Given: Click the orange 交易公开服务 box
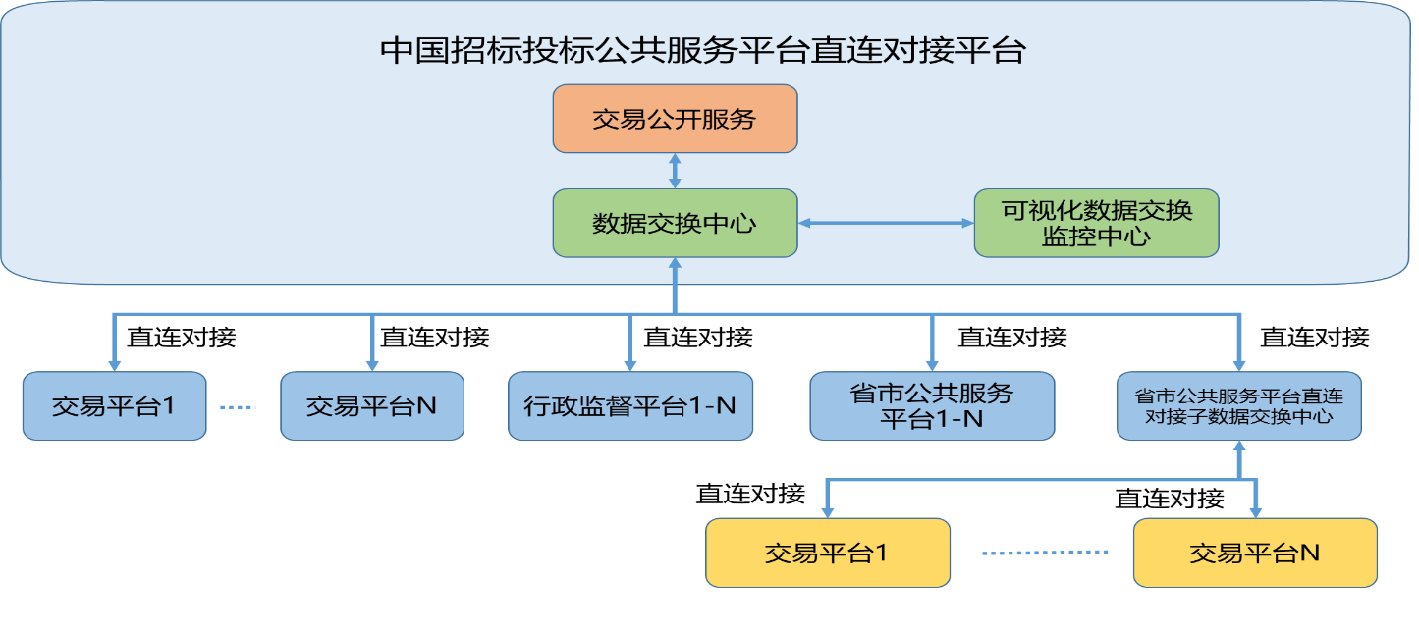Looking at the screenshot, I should point(675,119).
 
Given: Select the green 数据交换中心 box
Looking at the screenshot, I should point(675,223).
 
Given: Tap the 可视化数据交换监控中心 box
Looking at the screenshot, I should point(1096,223).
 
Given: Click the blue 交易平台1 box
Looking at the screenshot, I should point(114,405).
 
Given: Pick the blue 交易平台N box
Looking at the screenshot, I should point(371,405).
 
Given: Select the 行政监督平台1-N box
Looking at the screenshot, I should point(629,405).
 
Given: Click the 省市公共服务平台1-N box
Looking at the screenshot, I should point(931,405).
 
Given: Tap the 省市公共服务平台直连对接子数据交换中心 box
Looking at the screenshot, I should point(1238,405).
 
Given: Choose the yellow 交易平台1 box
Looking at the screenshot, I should point(827,553).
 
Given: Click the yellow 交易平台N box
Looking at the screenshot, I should point(1254,553).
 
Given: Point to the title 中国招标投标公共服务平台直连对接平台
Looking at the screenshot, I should point(702,51).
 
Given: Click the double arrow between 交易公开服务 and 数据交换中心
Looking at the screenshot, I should point(675,171).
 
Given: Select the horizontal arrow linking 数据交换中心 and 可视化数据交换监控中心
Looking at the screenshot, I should point(885,223).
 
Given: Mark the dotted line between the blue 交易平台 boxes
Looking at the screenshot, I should point(237,406).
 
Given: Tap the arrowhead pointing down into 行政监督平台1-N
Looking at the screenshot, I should point(629,362).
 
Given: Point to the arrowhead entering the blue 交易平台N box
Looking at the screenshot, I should point(371,362).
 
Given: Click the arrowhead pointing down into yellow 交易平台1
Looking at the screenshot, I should point(827,510).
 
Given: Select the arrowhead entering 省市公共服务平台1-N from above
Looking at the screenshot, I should point(931,362).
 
